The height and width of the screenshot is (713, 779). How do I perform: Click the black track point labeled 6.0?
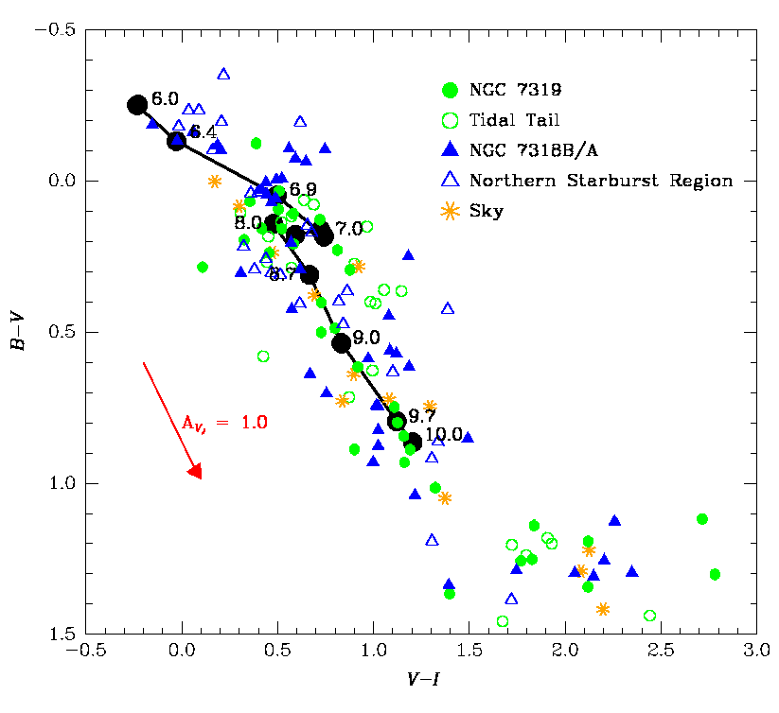coord(137,105)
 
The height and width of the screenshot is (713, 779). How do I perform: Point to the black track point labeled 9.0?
coord(342,342)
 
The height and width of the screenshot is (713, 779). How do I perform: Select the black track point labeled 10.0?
coord(413,441)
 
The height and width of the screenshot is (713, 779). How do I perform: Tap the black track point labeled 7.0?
coord(324,236)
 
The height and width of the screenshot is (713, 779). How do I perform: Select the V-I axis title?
coord(421,680)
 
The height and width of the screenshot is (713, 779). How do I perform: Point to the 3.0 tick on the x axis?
coord(755,652)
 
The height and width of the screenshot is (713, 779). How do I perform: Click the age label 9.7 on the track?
coord(422,415)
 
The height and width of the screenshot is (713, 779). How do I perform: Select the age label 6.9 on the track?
coord(303,189)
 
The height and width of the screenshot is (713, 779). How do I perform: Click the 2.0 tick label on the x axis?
coord(564,652)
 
